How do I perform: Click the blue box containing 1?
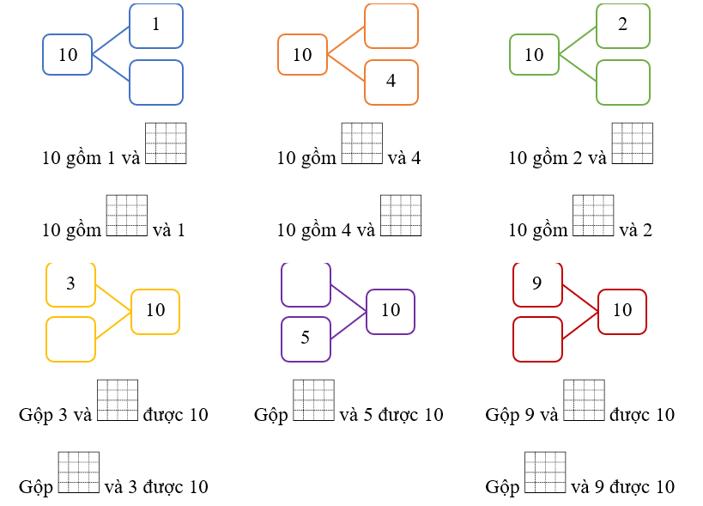156,26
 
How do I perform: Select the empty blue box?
156,82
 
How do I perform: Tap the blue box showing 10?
68,55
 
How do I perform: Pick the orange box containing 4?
391,82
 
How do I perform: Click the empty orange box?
391,26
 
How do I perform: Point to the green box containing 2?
623,26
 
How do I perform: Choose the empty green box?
623,82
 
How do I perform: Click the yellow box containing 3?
70,284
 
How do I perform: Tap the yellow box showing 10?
155,311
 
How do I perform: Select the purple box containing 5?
306,338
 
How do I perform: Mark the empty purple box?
306,284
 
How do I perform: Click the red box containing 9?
537,284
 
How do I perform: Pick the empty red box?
537,338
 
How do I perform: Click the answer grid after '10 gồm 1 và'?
166,143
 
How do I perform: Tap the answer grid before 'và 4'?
362,143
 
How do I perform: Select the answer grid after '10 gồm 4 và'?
401,216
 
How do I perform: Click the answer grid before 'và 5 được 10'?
314,400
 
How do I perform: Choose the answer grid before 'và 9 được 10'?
545,472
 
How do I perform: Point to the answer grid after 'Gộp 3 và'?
118,400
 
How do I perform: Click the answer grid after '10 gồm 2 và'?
633,143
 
